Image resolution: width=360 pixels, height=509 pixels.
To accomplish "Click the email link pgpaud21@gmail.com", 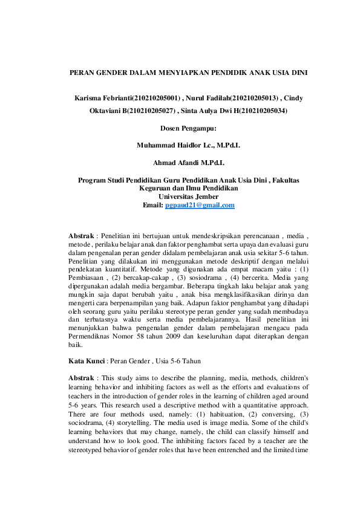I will coord(200,206).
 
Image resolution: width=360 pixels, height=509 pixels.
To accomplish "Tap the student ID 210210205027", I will coord(152,111).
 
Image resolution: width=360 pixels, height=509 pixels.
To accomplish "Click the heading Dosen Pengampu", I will coord(188,128).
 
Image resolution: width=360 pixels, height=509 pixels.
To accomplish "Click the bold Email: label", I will coord(153,206).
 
